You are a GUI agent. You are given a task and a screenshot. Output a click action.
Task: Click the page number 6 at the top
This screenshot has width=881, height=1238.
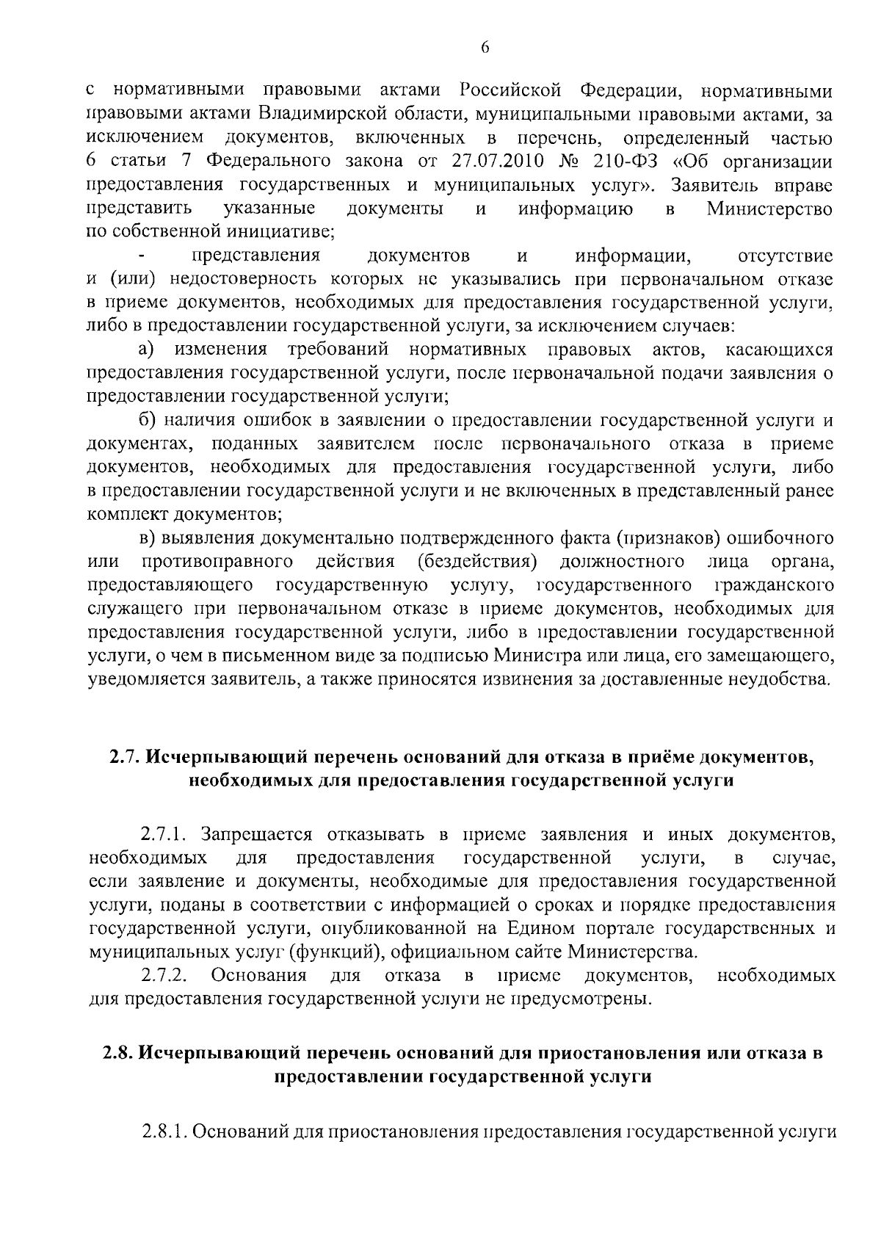(485, 48)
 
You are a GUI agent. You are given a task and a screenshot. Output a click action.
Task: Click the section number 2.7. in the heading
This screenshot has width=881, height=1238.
(123, 757)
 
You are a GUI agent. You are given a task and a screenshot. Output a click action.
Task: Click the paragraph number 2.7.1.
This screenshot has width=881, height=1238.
(166, 835)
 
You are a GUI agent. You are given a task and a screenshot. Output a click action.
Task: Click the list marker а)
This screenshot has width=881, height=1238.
(151, 349)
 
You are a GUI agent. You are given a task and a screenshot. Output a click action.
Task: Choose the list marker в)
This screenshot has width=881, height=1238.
(150, 538)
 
